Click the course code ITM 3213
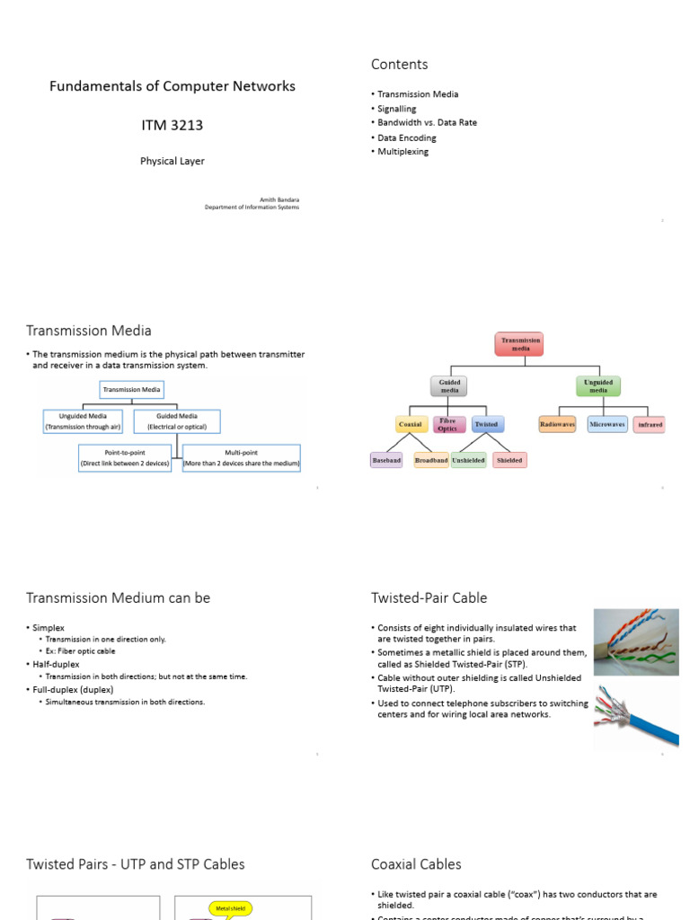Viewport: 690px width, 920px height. point(172,125)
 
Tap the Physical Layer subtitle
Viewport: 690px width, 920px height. point(172,162)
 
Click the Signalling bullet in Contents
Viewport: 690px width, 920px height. point(396,109)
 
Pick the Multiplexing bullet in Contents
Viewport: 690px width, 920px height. point(402,152)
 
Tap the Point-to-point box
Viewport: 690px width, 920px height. point(125,458)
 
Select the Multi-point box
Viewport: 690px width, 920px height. point(242,458)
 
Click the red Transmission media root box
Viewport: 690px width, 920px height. point(520,344)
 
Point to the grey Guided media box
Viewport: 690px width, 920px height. point(450,386)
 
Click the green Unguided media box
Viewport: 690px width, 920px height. point(597,386)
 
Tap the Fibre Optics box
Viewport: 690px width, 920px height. point(447,424)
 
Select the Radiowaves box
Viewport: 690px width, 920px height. point(557,424)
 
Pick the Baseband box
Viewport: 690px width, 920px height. point(386,460)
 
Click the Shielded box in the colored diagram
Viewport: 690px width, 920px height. point(509,460)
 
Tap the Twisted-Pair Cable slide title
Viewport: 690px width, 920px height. point(429,597)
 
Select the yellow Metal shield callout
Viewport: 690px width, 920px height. point(230,908)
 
